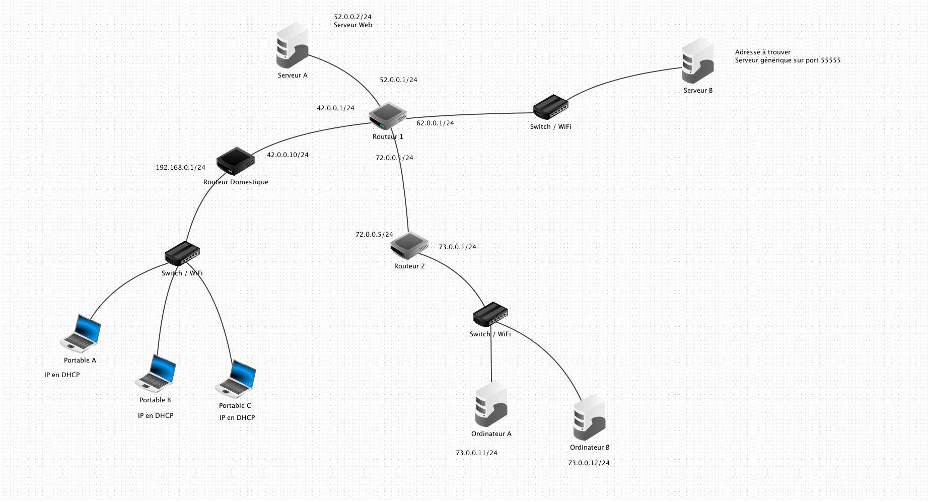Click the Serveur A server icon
292,45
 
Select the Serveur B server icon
697,60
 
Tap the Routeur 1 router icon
388,116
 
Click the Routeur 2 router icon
409,245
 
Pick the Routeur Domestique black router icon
236,161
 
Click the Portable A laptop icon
81,333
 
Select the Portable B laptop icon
156,373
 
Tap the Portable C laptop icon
236,379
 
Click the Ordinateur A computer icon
491,404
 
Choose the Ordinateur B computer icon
589,417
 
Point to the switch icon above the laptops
182,253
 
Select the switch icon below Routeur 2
490,314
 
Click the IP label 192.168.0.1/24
181,168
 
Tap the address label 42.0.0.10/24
288,155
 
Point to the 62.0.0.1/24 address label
436,123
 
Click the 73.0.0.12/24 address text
589,463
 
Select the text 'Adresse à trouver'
763,52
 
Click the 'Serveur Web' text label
353,25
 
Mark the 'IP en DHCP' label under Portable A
62,375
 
